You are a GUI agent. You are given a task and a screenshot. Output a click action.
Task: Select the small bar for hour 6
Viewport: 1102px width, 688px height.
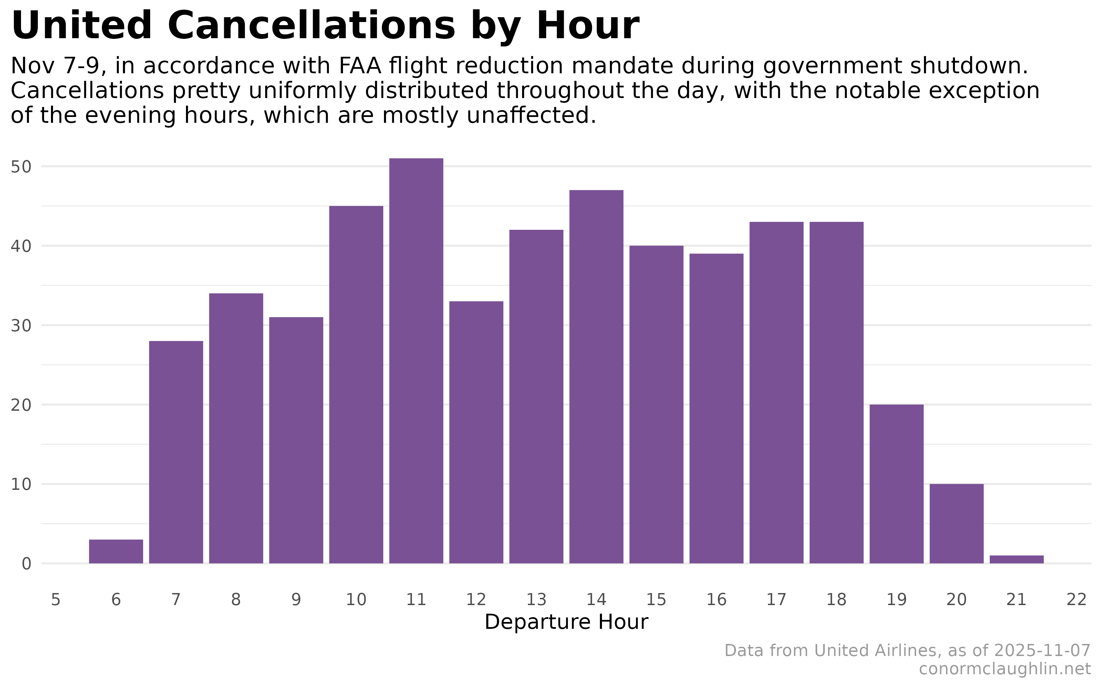pos(116,551)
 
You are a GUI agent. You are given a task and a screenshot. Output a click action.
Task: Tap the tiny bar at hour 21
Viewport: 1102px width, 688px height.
pos(1016,559)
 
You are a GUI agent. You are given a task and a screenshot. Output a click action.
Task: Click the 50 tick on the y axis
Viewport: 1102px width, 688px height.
pos(21,167)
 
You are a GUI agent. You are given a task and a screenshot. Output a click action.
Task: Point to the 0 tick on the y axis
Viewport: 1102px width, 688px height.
pos(27,564)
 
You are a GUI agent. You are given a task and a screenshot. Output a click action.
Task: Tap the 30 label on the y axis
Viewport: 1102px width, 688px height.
pos(21,326)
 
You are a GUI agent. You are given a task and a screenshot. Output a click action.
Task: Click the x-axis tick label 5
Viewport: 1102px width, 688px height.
pos(55,600)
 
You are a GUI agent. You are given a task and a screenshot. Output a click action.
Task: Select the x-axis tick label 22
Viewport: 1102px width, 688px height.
pos(1077,600)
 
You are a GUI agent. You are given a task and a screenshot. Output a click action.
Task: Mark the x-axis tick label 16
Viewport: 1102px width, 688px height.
pos(716,600)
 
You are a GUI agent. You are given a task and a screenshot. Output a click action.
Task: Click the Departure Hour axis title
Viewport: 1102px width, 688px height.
pos(566,622)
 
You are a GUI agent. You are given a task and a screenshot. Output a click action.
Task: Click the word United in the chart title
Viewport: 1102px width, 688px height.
pos(81,26)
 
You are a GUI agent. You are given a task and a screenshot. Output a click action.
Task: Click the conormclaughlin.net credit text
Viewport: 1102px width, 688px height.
pos(1005,669)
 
